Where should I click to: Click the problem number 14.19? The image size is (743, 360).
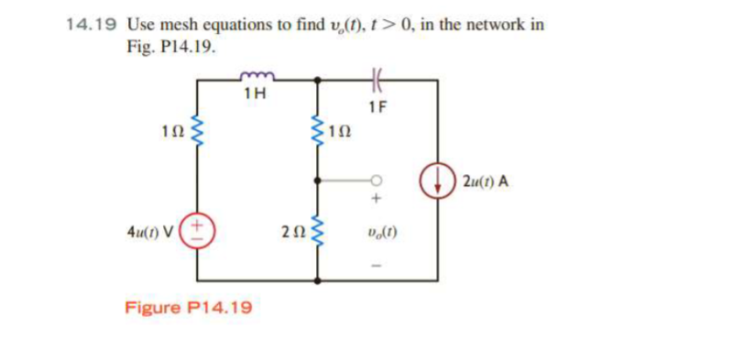click(x=92, y=25)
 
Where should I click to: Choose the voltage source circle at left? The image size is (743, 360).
click(x=197, y=225)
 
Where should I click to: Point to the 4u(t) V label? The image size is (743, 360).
click(x=152, y=225)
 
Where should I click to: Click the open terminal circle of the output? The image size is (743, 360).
click(x=375, y=179)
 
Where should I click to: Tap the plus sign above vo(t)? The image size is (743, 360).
click(x=376, y=196)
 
